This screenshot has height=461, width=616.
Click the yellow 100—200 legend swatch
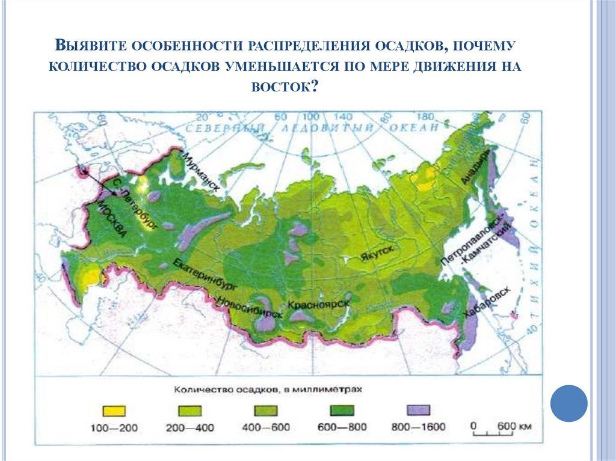tap(114, 411)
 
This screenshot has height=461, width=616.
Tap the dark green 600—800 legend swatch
tap(342, 411)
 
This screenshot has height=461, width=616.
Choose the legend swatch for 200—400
tap(189, 411)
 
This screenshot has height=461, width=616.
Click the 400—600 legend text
tap(266, 428)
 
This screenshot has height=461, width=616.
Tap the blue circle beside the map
tap(568, 403)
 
